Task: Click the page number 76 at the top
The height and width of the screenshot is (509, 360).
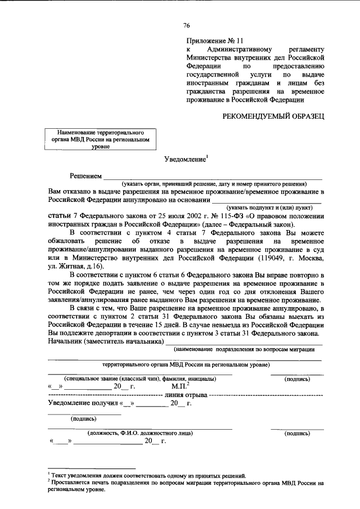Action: coord(187,25)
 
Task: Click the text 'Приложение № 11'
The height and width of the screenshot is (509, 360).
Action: coord(215,41)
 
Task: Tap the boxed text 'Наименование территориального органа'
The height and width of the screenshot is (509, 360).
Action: coord(97,136)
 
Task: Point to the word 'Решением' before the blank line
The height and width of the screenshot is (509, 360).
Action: coord(85,176)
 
